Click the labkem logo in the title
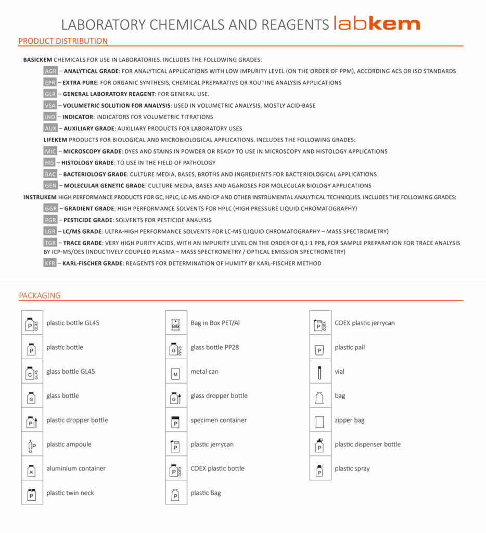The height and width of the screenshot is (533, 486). click(377, 24)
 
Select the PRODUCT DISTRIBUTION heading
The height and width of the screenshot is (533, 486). click(63, 41)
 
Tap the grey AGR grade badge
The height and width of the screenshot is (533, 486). click(50, 71)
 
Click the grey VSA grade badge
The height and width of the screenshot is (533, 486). click(50, 106)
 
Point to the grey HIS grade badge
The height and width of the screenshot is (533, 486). click(50, 163)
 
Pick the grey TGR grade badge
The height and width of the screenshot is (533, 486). click(50, 243)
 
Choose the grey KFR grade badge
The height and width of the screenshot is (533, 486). click(50, 263)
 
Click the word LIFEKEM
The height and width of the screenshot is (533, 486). click(55, 140)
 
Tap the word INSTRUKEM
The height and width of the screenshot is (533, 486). click(40, 197)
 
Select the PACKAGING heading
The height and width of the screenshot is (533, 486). click(40, 296)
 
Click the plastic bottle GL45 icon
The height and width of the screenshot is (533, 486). click(32, 323)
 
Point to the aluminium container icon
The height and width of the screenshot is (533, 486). click(32, 469)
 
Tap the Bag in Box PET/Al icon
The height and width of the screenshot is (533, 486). click(176, 323)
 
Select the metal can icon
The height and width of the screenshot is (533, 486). click(176, 372)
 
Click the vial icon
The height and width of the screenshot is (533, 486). click(320, 372)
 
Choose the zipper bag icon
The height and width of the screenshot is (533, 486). click(320, 421)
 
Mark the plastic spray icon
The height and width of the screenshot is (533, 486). click(320, 469)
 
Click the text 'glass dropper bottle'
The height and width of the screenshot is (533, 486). click(219, 396)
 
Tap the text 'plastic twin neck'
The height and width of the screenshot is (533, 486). click(70, 493)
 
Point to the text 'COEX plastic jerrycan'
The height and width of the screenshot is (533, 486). click(365, 323)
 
